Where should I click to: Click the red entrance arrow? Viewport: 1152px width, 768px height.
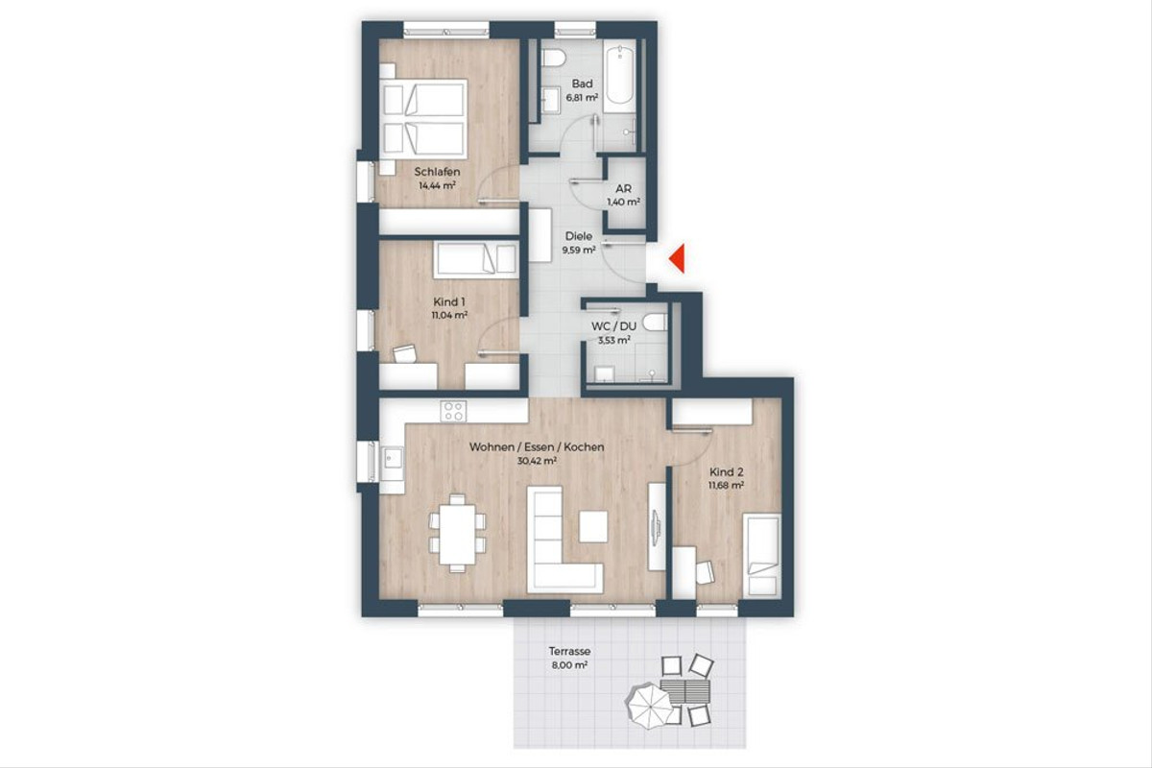pyautogui.click(x=679, y=259)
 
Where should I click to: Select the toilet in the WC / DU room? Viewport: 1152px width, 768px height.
pyautogui.click(x=655, y=322)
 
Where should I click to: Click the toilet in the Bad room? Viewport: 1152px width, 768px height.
pyautogui.click(x=554, y=58)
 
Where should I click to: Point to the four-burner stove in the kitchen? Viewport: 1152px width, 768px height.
pyautogui.click(x=453, y=411)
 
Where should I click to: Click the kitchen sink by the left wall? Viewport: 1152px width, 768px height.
pyautogui.click(x=392, y=462)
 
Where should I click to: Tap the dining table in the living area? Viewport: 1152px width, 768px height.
pyautogui.click(x=457, y=534)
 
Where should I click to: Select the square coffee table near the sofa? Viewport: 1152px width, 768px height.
pyautogui.click(x=593, y=526)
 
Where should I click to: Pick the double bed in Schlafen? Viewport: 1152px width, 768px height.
pyautogui.click(x=423, y=119)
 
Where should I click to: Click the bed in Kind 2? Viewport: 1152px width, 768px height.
pyautogui.click(x=761, y=556)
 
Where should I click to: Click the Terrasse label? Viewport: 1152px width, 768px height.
pyautogui.click(x=569, y=651)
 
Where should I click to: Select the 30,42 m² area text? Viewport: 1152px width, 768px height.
pyautogui.click(x=537, y=461)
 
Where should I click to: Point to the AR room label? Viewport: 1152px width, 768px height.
pyautogui.click(x=623, y=189)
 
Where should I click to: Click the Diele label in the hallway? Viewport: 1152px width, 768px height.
pyautogui.click(x=579, y=236)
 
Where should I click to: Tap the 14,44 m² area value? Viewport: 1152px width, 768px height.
pyautogui.click(x=437, y=185)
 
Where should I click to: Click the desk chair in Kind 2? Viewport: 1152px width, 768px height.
pyautogui.click(x=705, y=572)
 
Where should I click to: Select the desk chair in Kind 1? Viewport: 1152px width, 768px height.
pyautogui.click(x=405, y=354)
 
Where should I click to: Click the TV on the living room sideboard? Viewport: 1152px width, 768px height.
pyautogui.click(x=656, y=527)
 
